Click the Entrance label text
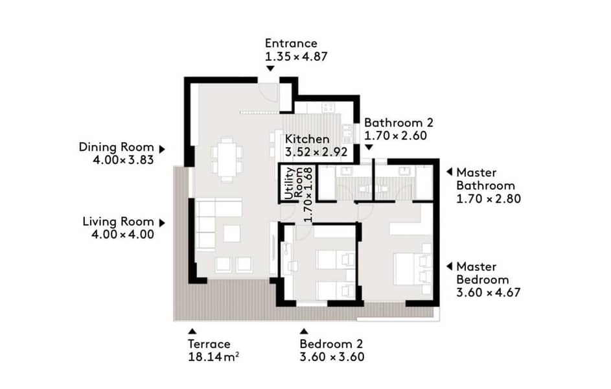(x=291, y=43)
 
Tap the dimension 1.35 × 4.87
(x=296, y=56)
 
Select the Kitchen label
(x=307, y=139)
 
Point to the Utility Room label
(x=294, y=183)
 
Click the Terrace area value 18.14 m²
(x=214, y=357)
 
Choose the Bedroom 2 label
(x=331, y=344)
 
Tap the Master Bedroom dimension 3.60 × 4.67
(x=489, y=292)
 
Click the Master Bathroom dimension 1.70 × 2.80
(x=489, y=199)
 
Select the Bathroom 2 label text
(x=398, y=123)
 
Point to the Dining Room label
(x=116, y=147)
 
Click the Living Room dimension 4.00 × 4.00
(x=122, y=234)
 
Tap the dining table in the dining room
(x=227, y=159)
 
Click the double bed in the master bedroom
(x=411, y=269)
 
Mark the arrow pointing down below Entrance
(x=270, y=69)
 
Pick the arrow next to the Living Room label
(x=162, y=223)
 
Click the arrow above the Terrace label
(x=192, y=331)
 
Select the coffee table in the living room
(x=232, y=233)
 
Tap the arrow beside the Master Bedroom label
(x=449, y=266)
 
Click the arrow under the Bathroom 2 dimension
(x=369, y=147)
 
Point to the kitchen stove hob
(x=328, y=107)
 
